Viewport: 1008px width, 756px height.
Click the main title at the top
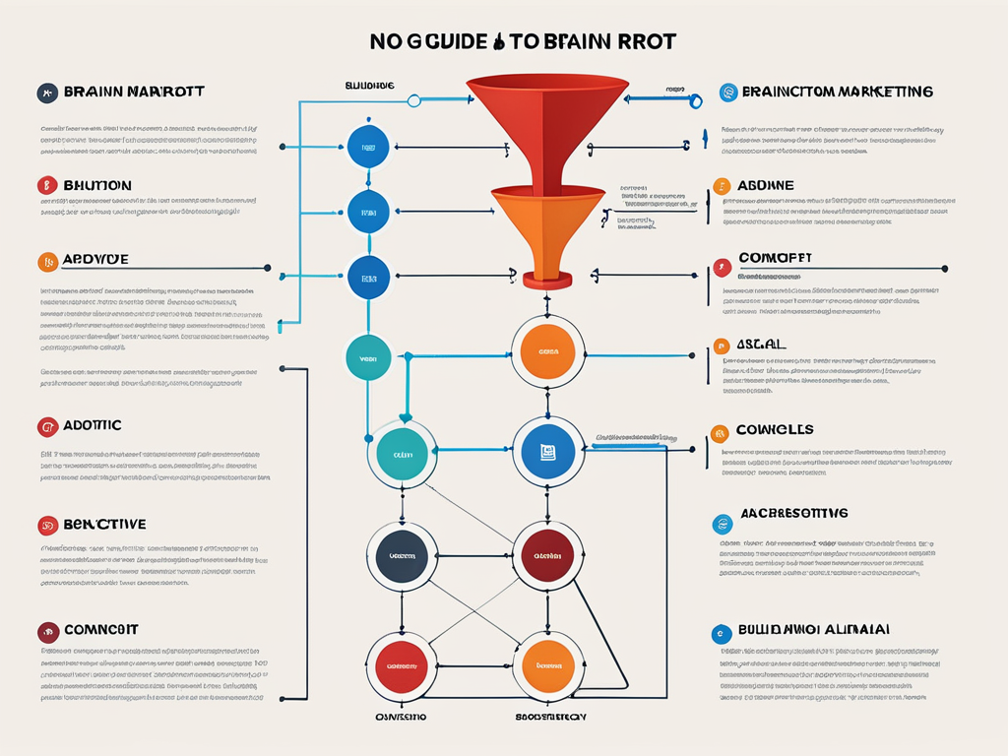tap(523, 41)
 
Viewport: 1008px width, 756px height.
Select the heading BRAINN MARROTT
tap(134, 93)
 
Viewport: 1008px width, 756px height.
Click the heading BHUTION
tap(97, 185)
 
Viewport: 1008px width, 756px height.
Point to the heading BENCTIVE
tap(104, 525)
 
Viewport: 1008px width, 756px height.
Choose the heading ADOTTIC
tap(93, 425)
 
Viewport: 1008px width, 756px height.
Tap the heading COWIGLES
tap(775, 430)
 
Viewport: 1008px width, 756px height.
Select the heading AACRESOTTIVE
tap(795, 514)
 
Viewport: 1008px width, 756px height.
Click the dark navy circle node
tap(402, 556)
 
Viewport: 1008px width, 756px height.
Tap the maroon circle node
tap(547, 556)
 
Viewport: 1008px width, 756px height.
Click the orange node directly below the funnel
tap(547, 351)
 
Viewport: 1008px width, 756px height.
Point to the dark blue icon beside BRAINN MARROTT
tap(45, 94)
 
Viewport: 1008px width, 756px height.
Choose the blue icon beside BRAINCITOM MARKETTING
tap(728, 93)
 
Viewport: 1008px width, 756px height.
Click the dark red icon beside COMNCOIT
tap(45, 630)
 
